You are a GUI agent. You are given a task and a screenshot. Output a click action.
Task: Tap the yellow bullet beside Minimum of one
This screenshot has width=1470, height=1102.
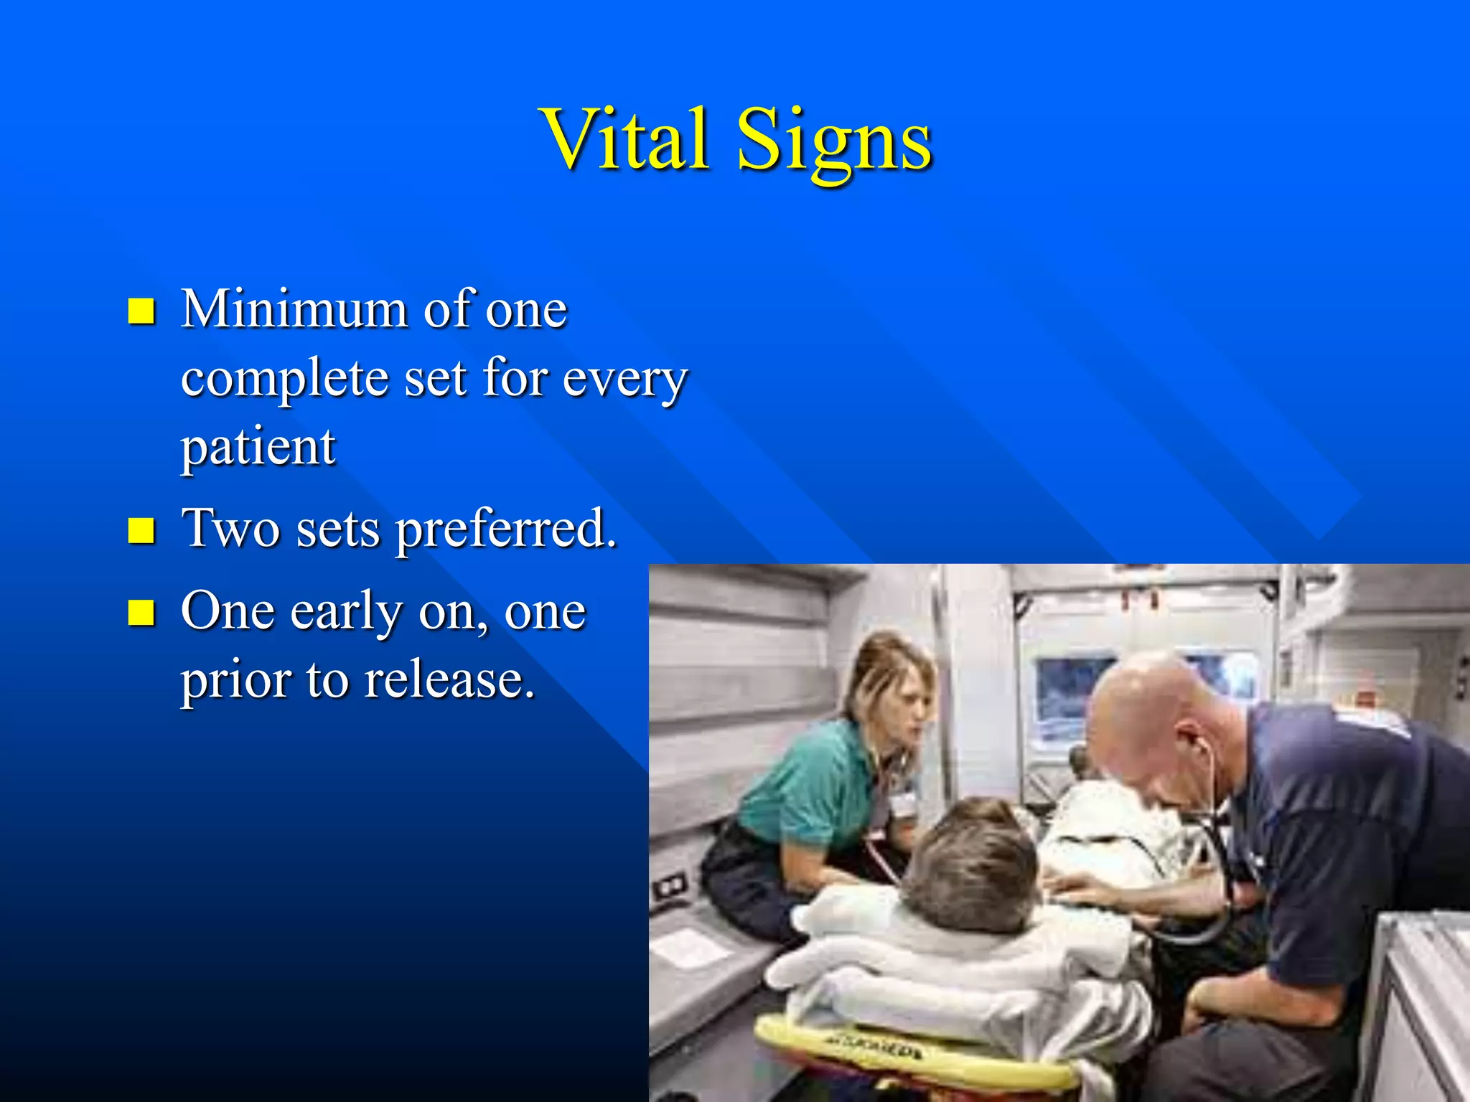(x=141, y=311)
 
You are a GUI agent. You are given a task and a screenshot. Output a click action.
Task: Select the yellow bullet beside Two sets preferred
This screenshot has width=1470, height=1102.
(x=141, y=531)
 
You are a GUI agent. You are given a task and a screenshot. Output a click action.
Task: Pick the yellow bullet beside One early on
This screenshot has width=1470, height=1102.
(x=141, y=613)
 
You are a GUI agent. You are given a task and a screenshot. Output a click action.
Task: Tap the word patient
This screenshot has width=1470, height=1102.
(x=258, y=448)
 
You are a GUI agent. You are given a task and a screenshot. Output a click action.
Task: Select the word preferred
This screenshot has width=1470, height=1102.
(x=506, y=529)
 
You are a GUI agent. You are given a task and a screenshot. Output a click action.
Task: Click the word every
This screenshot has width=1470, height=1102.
(x=624, y=380)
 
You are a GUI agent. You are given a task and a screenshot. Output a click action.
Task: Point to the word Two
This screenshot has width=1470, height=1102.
(x=230, y=528)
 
